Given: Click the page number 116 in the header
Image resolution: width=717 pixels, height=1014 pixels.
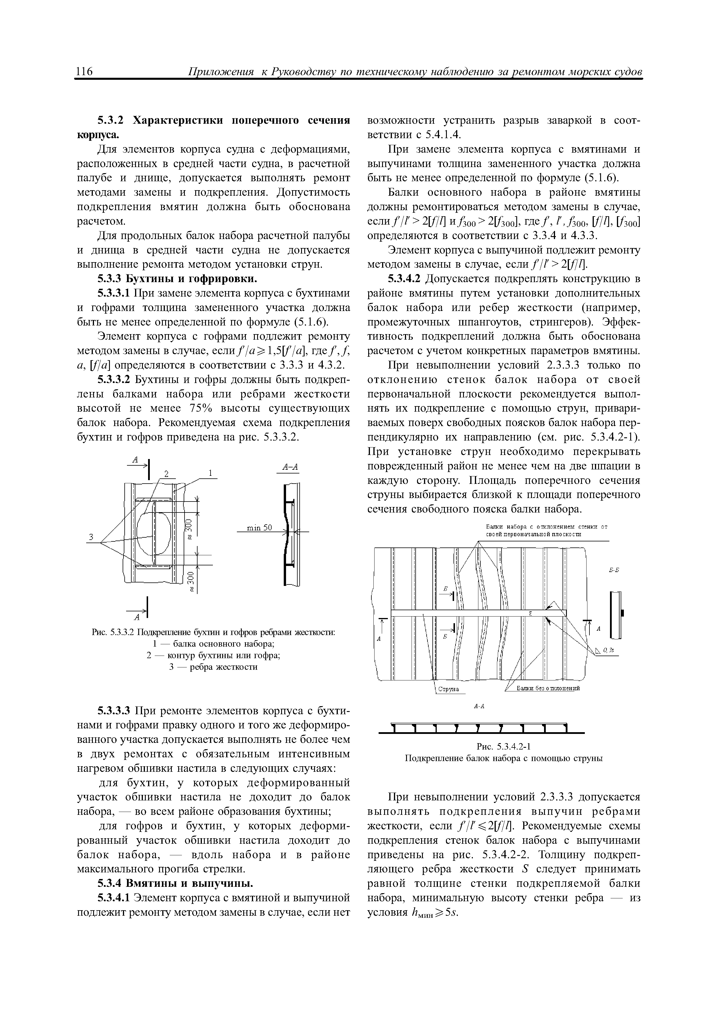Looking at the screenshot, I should [85, 72].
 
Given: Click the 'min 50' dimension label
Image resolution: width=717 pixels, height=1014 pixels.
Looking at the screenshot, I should [259, 528].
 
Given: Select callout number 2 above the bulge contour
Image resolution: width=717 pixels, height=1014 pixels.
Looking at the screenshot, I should [167, 474].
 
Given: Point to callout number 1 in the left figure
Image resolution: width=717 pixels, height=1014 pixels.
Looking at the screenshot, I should [211, 473].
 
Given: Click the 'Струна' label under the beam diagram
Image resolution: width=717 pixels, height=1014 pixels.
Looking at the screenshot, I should [448, 689].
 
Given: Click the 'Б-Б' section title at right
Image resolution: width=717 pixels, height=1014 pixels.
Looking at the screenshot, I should [614, 570].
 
